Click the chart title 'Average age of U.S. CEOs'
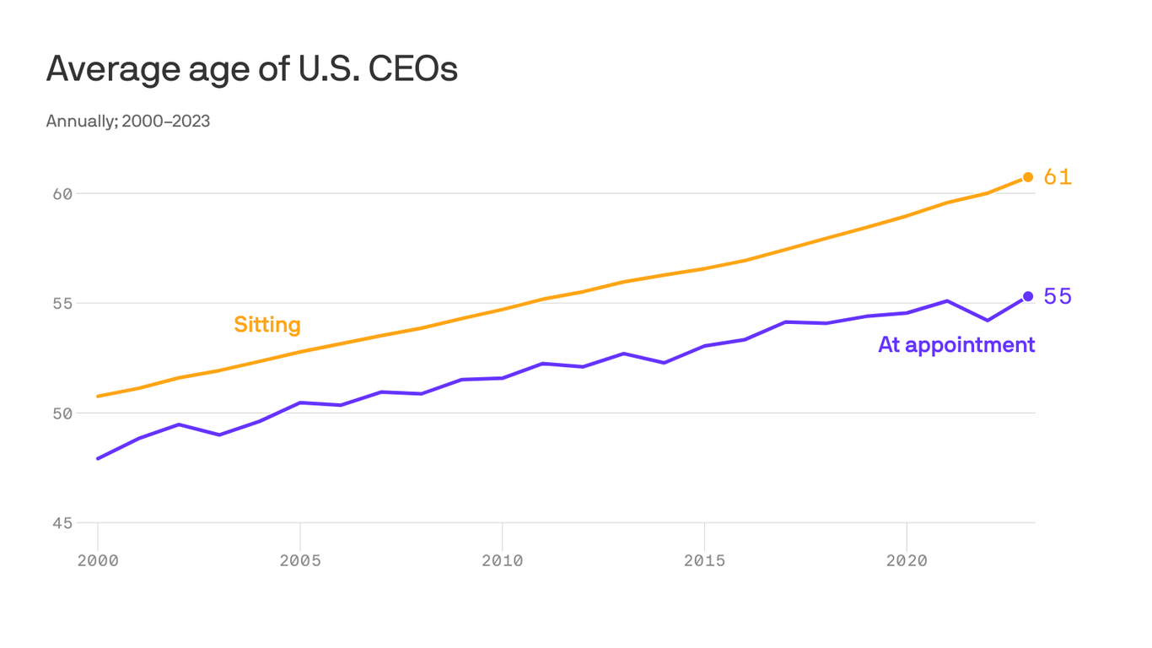(x=251, y=69)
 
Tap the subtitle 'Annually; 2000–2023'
(x=127, y=121)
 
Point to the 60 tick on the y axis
(x=62, y=194)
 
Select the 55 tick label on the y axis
(x=62, y=304)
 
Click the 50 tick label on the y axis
(x=62, y=413)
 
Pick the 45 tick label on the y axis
(x=62, y=523)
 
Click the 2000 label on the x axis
(x=98, y=561)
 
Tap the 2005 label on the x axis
(x=300, y=561)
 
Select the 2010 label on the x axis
(x=502, y=561)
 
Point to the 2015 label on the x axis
(x=704, y=561)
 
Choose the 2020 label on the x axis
(x=907, y=561)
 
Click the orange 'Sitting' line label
(x=266, y=325)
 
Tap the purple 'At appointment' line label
(x=956, y=345)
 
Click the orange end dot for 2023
(x=1028, y=177)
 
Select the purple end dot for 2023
(x=1028, y=296)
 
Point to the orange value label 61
(x=1058, y=177)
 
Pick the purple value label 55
(x=1058, y=297)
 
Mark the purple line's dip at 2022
(x=988, y=321)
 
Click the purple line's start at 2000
(x=99, y=458)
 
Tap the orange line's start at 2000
(x=99, y=396)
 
